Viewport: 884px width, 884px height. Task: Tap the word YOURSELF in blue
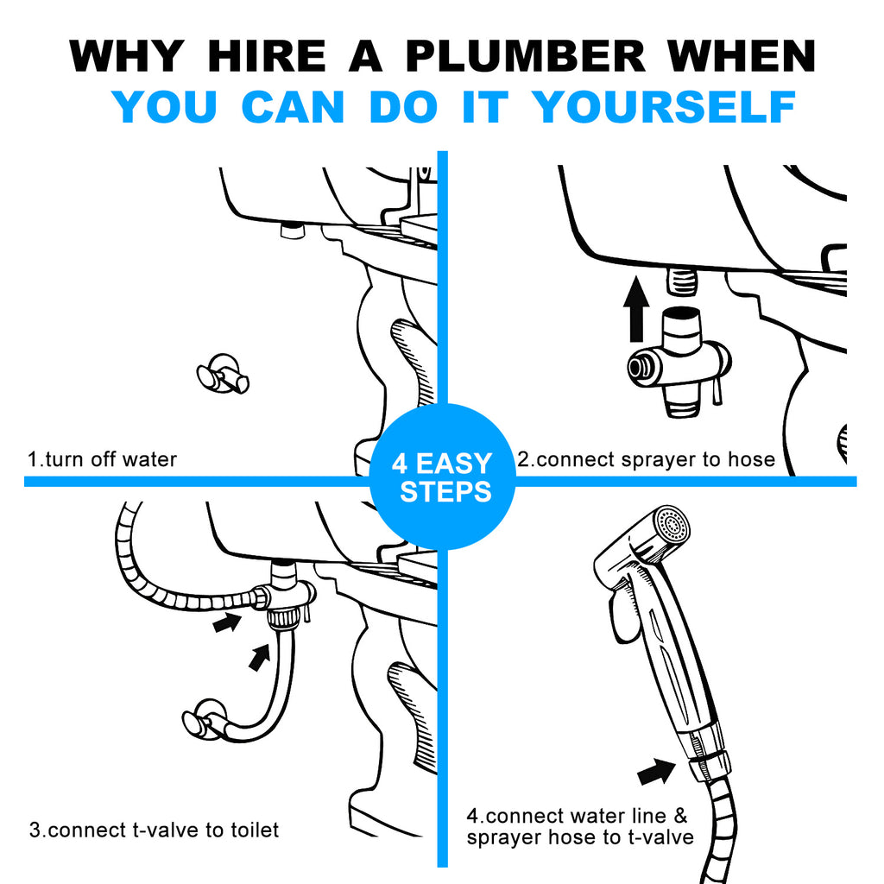(663, 107)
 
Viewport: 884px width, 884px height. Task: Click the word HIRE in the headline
(268, 57)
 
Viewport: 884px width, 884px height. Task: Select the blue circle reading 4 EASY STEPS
(442, 477)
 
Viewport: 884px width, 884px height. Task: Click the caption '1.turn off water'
(102, 459)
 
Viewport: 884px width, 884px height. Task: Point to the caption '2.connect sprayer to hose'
(646, 459)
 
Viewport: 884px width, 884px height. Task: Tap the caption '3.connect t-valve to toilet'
(154, 830)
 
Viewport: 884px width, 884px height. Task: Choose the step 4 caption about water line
(589, 826)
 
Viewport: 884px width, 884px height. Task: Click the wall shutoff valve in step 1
(223, 374)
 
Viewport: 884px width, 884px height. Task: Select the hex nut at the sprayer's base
(709, 763)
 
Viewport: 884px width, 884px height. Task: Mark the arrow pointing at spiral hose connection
(228, 620)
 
